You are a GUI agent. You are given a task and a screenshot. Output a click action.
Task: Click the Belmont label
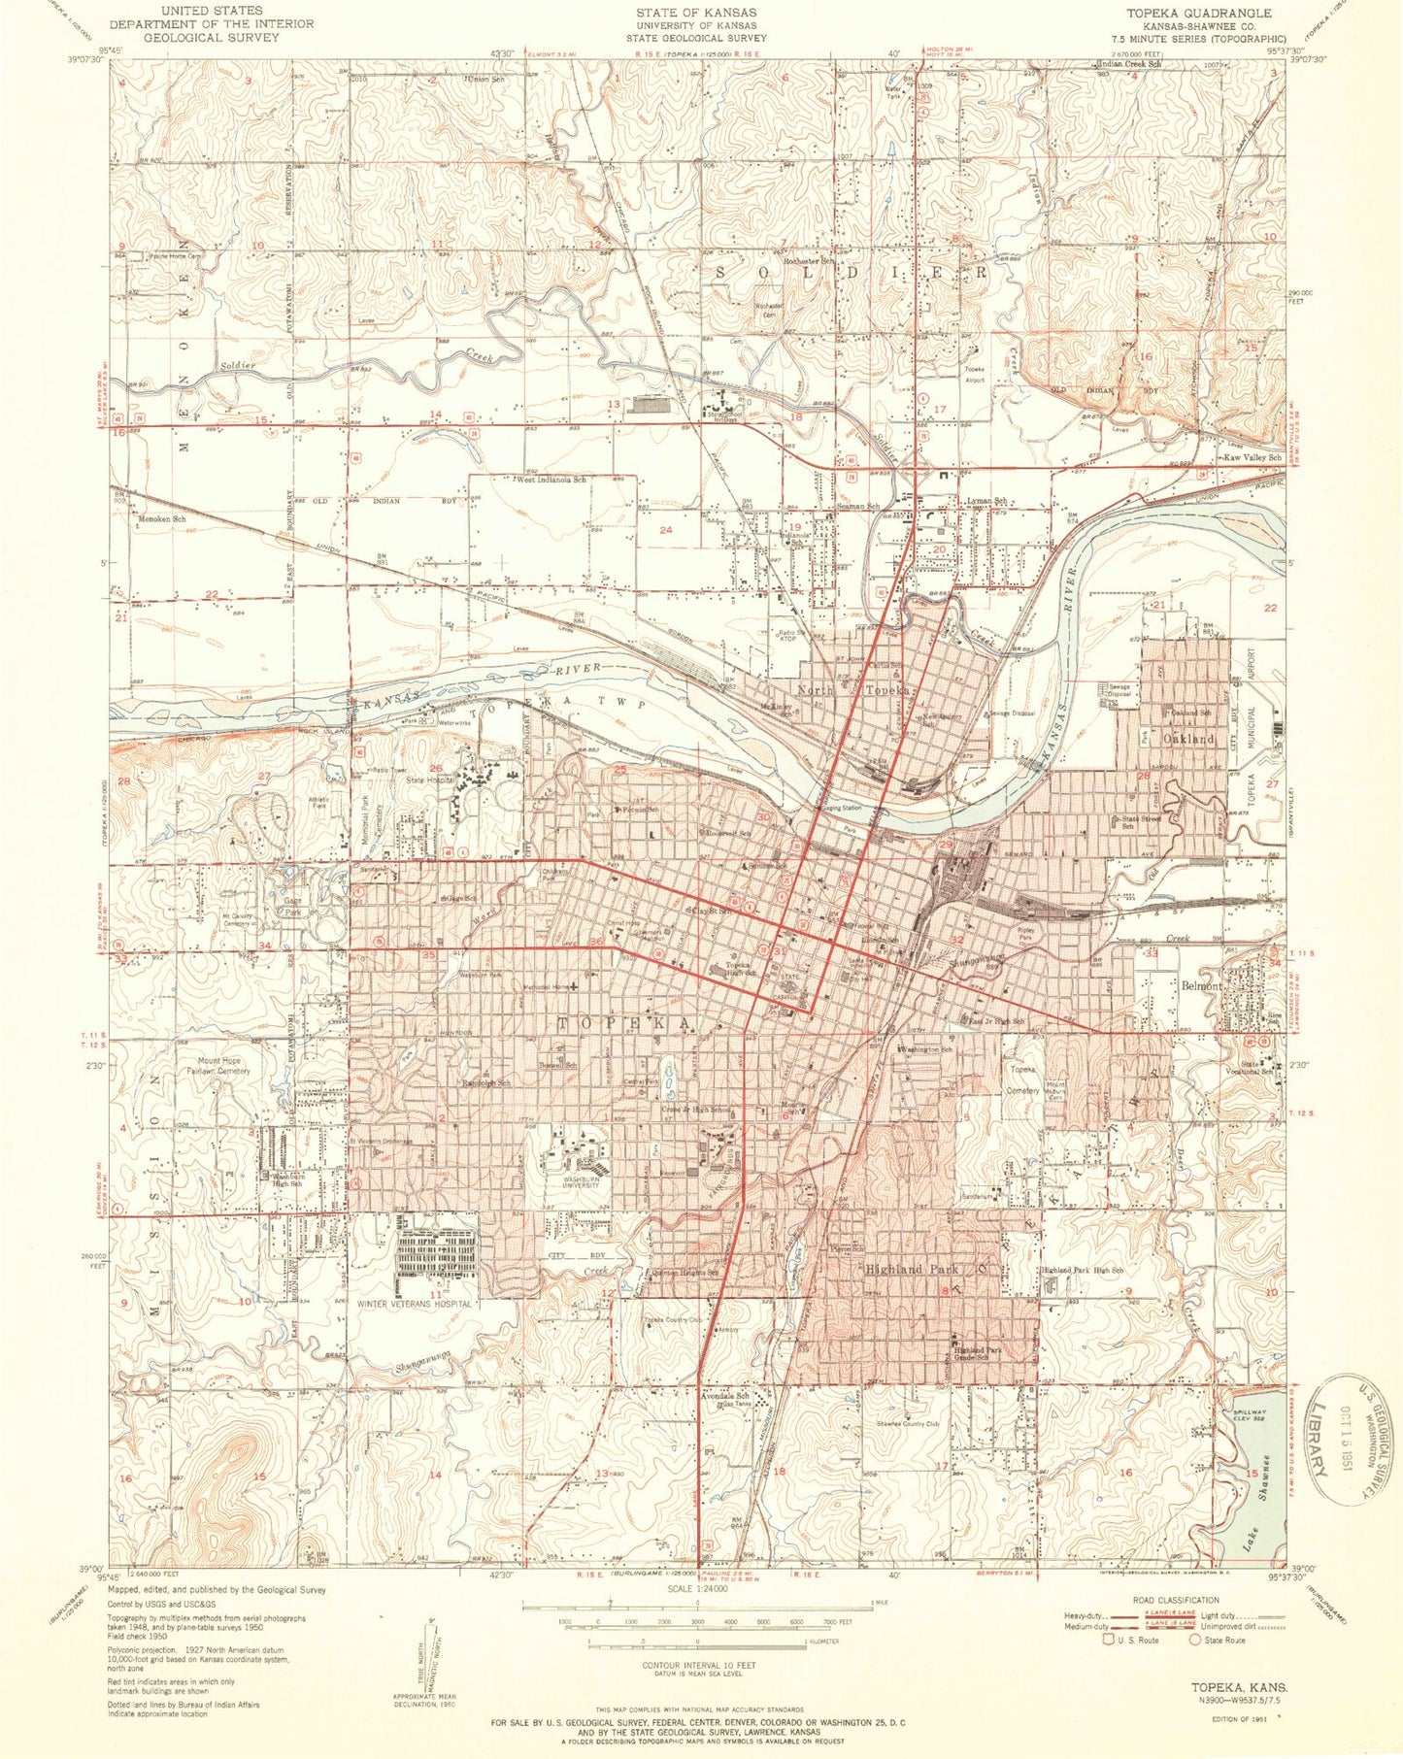coord(1202,984)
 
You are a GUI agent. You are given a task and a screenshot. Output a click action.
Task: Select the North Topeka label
coord(853,689)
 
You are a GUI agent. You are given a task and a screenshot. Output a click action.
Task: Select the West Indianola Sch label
coord(551,480)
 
